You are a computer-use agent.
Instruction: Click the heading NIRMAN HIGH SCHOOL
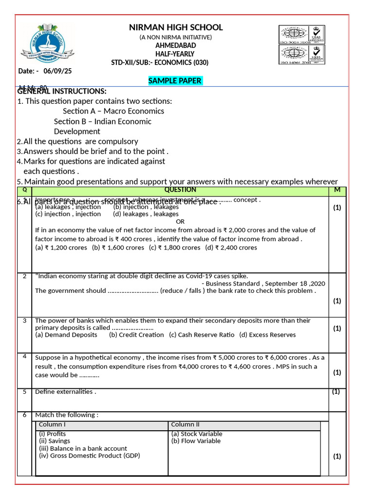click(175, 27)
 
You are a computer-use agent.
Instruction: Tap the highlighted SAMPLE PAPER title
click(175, 81)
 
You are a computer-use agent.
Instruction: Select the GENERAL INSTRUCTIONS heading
click(62, 91)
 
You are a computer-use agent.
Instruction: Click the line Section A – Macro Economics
click(113, 111)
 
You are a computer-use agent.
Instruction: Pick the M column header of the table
click(337, 190)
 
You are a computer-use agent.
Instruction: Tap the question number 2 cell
click(24, 276)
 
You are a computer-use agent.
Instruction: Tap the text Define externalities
click(65, 392)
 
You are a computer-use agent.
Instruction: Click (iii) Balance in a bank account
click(83, 448)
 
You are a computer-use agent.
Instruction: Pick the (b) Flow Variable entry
click(196, 441)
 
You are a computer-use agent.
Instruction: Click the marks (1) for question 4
click(337, 372)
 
